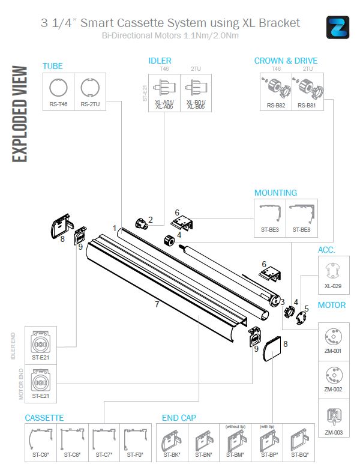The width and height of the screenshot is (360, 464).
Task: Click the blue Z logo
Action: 338,28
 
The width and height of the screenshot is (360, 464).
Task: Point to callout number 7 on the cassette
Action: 157,304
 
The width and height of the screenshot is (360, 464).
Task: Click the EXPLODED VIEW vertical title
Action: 19,113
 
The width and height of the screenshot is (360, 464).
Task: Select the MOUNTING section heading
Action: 275,193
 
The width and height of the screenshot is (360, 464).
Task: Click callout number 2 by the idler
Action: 151,219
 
